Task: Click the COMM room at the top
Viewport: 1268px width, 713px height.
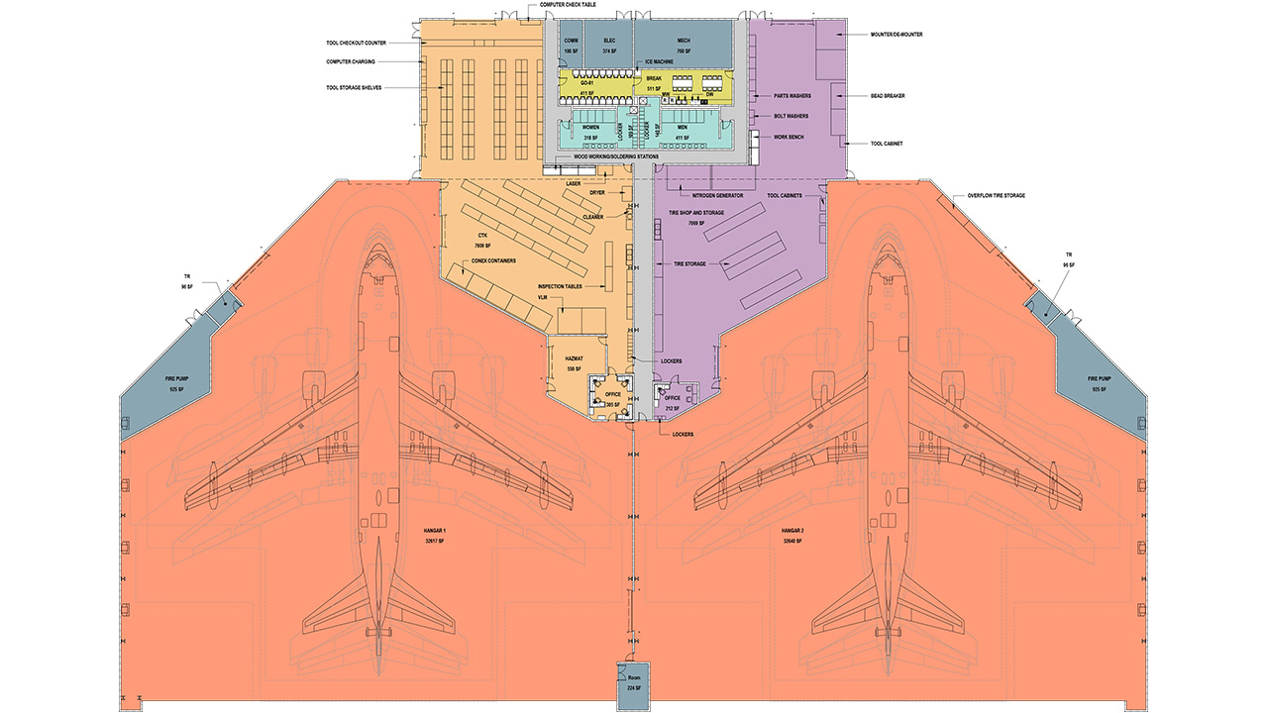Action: [x=570, y=44]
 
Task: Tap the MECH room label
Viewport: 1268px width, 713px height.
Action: [x=684, y=44]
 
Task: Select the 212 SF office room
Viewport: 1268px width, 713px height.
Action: [x=674, y=399]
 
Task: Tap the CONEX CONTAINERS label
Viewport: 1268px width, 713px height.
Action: [x=493, y=261]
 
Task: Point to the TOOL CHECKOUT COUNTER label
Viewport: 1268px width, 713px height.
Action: [x=356, y=43]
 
